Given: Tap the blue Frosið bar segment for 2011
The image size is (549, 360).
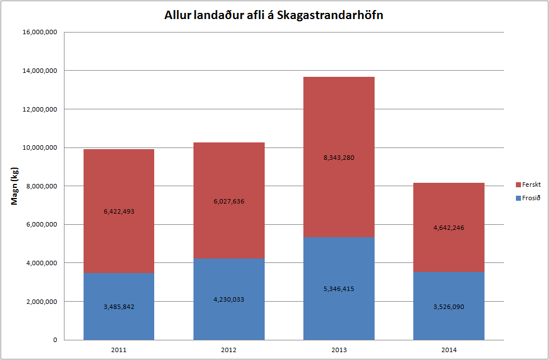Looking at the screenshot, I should pos(119,322).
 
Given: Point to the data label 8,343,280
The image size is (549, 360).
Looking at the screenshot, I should pos(339,158).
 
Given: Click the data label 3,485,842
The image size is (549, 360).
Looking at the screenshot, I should pos(119,307).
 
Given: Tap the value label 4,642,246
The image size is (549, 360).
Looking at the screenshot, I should pos(449,228).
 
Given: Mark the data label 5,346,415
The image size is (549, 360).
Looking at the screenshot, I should pos(339,289).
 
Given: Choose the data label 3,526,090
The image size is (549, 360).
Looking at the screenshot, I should pos(449,307).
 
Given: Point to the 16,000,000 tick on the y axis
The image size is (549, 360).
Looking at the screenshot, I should pos(39,32).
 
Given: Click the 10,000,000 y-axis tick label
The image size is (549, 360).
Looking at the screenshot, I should pos(39,147).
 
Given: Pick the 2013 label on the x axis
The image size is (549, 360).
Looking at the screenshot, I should pos(339,350).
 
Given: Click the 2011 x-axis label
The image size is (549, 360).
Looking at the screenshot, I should pos(119,350).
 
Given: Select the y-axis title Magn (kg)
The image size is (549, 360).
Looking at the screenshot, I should pos(16,186).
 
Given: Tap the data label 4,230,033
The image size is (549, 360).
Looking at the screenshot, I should pos(229,299).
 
